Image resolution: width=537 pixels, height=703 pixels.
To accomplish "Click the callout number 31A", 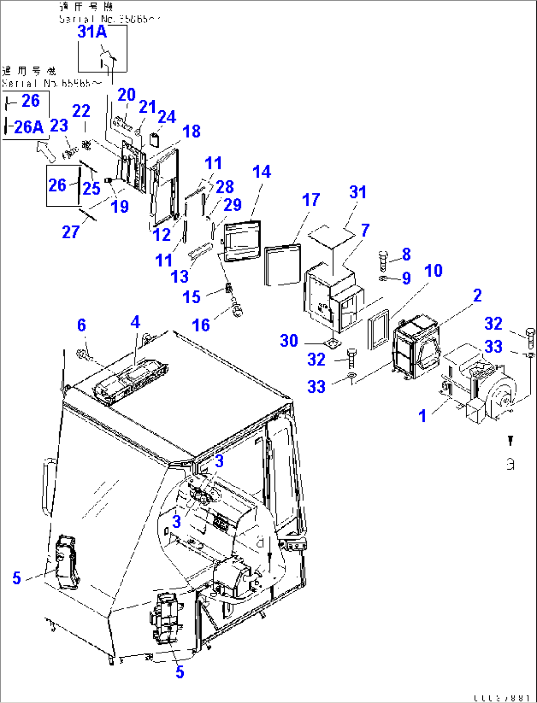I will click(x=92, y=32).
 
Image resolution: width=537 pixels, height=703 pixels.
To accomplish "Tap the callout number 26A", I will click(x=29, y=127).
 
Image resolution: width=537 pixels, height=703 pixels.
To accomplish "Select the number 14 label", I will click(x=262, y=172).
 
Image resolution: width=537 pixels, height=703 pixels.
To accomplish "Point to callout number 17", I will click(x=311, y=200).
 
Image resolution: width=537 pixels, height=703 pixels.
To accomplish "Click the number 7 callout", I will click(x=365, y=230).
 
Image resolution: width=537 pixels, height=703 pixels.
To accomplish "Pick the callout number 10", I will click(x=434, y=270).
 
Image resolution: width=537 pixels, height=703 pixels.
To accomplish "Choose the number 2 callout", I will click(x=477, y=295).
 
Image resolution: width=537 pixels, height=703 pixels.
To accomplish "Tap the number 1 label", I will click(x=422, y=416).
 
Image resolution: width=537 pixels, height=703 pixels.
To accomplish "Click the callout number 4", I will click(x=135, y=322).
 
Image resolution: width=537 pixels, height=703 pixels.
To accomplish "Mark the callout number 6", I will click(x=81, y=325).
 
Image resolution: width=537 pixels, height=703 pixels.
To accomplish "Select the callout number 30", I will click(x=289, y=341).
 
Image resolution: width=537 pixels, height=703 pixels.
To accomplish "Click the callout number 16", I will click(x=201, y=325).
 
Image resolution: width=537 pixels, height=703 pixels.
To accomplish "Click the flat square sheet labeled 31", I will click(x=332, y=235).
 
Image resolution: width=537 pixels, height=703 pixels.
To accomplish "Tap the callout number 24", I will click(x=167, y=117).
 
